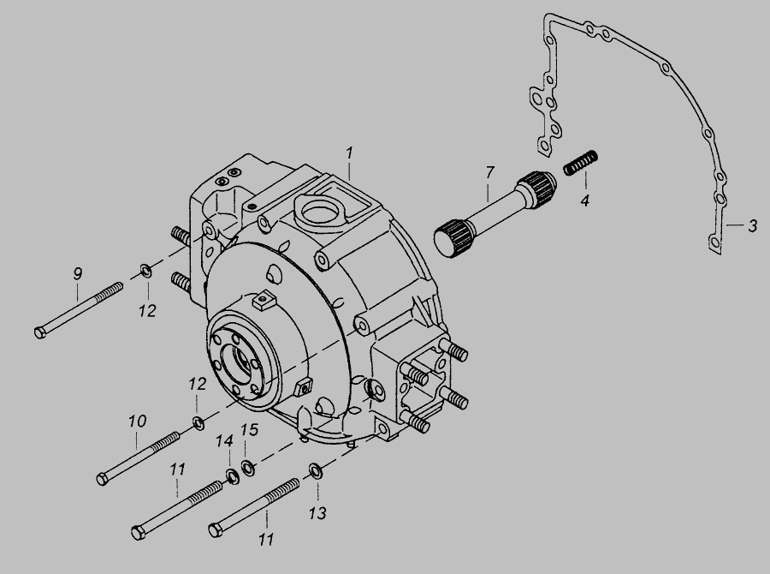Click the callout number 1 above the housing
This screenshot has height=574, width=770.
coord(349,153)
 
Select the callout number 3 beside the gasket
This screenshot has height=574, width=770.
coord(752,226)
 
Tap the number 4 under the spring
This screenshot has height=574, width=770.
coord(584,200)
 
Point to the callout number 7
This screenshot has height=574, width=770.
coord(489,173)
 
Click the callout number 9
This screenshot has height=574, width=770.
coord(78,273)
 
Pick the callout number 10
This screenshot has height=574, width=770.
coord(138,421)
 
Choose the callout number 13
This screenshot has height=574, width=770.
coord(317,513)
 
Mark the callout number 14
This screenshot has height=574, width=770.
coord(224,440)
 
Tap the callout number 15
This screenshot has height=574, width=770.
coord(249,430)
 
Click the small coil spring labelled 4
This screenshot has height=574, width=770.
coord(580,162)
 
